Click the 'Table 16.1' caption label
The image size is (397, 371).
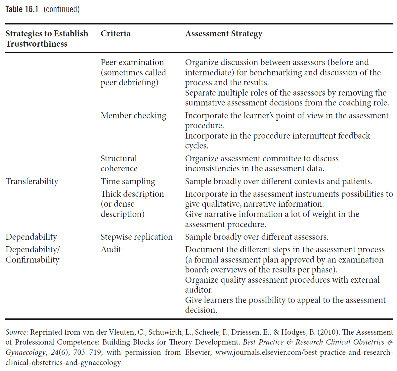click(22, 9)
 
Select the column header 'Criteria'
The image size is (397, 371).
click(115, 34)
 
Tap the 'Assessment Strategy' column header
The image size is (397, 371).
click(224, 34)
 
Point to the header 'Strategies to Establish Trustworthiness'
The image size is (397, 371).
click(47, 39)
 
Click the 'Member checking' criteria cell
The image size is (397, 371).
click(133, 116)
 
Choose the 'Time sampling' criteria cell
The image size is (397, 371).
click(128, 182)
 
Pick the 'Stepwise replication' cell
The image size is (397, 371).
click(136, 237)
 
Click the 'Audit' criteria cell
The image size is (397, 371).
click(111, 250)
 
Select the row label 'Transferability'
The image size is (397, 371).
click(32, 182)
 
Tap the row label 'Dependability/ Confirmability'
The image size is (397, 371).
click(32, 255)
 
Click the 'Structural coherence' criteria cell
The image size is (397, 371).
click(119, 163)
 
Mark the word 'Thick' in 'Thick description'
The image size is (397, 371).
click(109, 194)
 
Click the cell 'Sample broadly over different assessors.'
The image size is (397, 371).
click(256, 237)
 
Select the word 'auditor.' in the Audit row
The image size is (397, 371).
click(199, 290)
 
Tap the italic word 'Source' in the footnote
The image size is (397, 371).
click(16, 332)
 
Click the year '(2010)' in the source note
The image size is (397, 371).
click(328, 332)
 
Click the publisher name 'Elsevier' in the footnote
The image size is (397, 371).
click(198, 352)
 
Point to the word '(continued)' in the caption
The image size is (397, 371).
click(62, 9)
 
